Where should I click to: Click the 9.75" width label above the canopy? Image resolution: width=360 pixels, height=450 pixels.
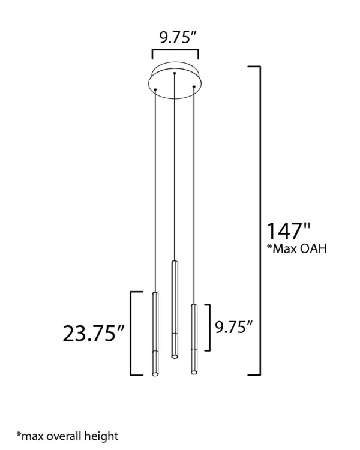pos(178,38)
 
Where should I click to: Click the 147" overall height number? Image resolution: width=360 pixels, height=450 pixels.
pos(289,231)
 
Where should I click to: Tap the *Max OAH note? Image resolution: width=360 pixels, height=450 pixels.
pos(297,248)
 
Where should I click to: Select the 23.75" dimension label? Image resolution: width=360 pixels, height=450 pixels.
pos(94,333)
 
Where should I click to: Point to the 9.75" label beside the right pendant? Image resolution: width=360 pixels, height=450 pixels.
pos(233,327)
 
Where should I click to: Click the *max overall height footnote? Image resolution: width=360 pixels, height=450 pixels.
pos(67,436)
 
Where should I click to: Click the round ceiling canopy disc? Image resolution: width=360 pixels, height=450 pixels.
pos(174,80)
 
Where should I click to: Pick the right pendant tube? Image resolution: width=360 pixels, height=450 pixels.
pos(194,339)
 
